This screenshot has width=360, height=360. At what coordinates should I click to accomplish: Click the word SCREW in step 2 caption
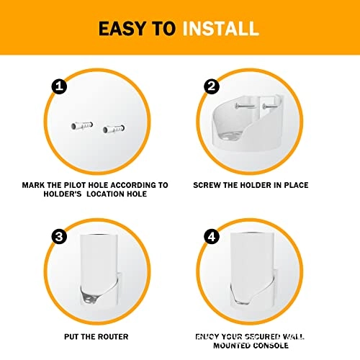tap(210, 185)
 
